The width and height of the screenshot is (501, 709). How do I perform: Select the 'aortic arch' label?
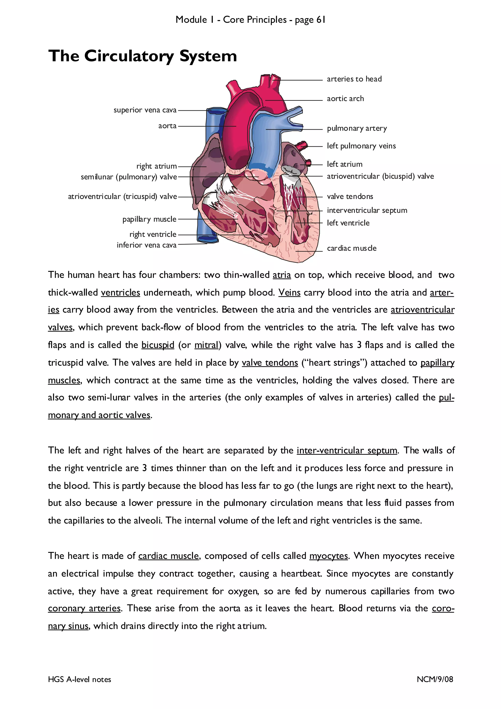coord(345,99)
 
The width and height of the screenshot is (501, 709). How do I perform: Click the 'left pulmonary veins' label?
coord(361,146)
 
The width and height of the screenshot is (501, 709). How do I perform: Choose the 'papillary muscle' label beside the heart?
coord(149,219)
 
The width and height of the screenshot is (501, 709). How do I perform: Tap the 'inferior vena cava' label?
coord(146,245)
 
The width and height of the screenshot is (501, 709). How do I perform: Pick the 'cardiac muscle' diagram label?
coord(352,248)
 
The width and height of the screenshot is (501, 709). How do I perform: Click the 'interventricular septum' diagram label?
coord(367,210)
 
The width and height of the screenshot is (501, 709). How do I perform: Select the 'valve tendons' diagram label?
coord(350,196)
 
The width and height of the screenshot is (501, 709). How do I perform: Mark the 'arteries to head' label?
coord(354,79)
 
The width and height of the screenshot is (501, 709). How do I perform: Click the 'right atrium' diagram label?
coord(156,166)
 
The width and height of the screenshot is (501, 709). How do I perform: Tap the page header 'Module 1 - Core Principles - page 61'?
coord(250,20)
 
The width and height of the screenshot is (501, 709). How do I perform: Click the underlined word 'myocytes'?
coord(329,556)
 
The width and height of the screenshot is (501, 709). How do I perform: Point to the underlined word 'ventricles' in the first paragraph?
coord(120,292)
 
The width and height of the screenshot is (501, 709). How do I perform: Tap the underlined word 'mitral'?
coord(206,345)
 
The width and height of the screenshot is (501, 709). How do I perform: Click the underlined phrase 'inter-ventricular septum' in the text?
coord(347,451)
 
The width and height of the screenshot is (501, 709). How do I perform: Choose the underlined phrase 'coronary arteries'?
coord(84,608)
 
